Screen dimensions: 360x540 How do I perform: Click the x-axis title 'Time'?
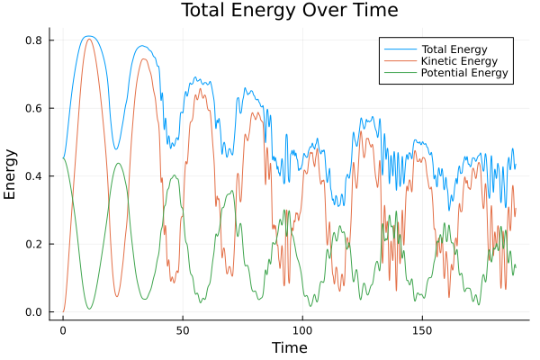(289, 347)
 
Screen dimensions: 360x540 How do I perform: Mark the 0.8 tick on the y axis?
(35, 40)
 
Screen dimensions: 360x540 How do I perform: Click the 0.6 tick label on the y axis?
(35, 109)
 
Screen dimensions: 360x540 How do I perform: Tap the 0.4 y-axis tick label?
(35, 176)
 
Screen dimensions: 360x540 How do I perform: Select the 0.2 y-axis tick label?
(35, 245)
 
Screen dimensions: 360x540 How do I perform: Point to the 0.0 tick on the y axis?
(35, 312)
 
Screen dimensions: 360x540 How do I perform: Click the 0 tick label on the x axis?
(63, 329)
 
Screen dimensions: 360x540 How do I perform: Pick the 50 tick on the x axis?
(183, 329)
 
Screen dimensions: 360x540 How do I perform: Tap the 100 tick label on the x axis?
(302, 329)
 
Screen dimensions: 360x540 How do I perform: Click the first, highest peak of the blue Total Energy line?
(88, 36)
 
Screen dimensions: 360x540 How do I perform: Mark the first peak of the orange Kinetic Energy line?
(88, 39)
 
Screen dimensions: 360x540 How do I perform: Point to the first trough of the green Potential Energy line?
(89, 310)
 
